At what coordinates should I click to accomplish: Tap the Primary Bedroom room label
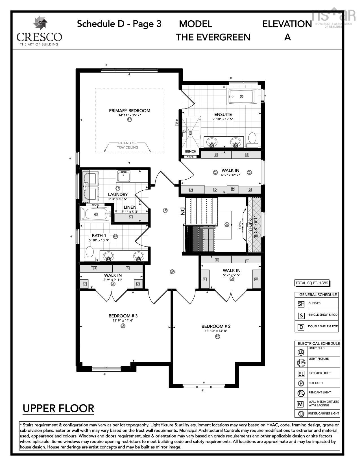coord(130,110)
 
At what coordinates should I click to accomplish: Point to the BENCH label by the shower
coord(191,151)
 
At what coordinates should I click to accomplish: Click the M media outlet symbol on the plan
coord(177,123)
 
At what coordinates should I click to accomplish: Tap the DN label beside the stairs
coord(182,211)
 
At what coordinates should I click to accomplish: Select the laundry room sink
coord(124,176)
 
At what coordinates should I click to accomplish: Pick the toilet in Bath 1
coord(90,252)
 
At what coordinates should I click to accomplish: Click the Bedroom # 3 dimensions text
coord(123,321)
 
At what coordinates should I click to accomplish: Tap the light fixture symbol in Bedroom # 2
coord(217,336)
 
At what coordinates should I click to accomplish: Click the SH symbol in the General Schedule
coord(301,304)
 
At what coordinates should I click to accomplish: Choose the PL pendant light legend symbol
coord(301,393)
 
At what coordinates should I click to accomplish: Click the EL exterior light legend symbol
coord(301,374)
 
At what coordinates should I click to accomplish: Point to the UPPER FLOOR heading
coord(58,408)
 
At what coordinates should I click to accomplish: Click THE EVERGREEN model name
coord(213,37)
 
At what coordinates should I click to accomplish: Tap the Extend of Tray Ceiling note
coord(128,145)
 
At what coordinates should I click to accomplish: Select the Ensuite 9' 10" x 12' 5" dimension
coord(223,119)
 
